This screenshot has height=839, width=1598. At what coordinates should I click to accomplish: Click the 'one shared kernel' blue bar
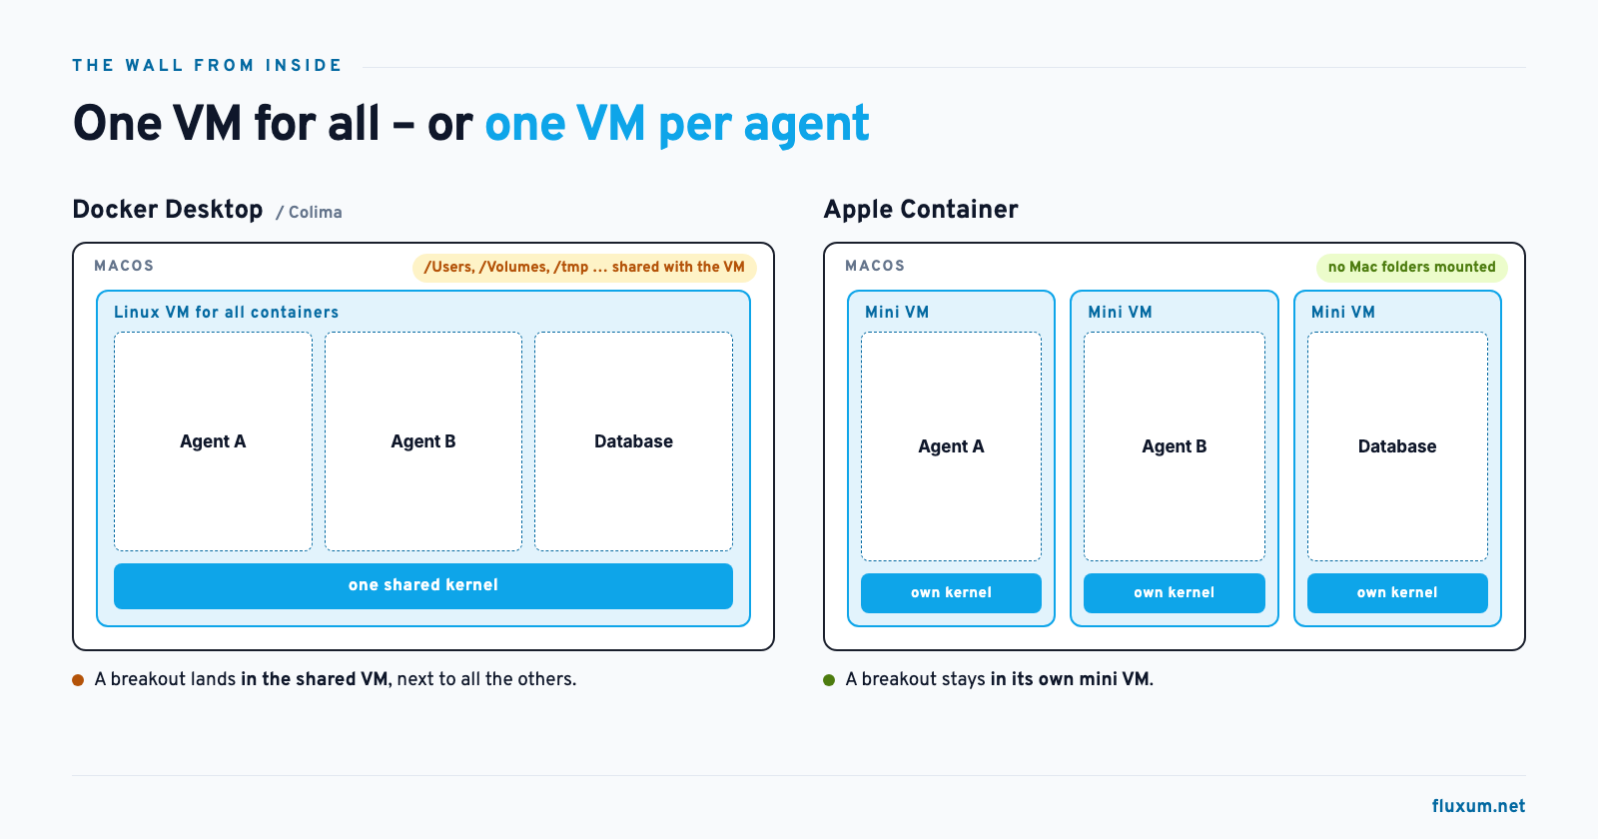pos(423,585)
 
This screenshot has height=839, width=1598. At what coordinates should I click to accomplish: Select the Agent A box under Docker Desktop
pos(213,440)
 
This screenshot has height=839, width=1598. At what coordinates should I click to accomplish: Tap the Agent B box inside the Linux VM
pos(423,440)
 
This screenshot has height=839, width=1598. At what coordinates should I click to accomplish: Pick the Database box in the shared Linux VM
pos(633,440)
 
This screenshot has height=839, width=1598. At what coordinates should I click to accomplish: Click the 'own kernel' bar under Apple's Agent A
pos(951,593)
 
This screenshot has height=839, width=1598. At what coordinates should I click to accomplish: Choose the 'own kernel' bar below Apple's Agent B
pos(1175,593)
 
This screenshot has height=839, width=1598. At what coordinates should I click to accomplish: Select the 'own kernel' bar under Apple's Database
pos(1397,593)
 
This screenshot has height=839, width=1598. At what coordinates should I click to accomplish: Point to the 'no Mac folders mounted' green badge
pos(1412,268)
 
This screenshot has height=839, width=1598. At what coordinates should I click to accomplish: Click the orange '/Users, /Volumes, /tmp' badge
pos(584,268)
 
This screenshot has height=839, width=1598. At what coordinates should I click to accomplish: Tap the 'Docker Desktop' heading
pos(168,210)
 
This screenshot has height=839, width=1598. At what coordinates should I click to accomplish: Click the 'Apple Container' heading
pos(921,210)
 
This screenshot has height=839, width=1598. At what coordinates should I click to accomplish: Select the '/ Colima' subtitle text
pos(309,213)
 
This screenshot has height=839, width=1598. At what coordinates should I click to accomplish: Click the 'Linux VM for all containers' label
pos(226,313)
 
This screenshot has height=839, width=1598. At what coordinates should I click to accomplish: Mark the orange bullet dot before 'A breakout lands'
pos(79,680)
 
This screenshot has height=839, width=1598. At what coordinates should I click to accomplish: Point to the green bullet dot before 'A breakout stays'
pos(829,680)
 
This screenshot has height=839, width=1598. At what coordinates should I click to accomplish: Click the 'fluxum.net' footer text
pos(1478,806)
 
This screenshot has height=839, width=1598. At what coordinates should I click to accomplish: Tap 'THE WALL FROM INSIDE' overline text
pos(207,66)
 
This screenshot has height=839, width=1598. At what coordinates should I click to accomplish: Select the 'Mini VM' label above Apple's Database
pos(1343,313)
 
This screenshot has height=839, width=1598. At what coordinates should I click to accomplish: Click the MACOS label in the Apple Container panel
pos(875,266)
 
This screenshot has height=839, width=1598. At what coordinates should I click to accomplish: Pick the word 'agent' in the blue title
pos(806,126)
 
